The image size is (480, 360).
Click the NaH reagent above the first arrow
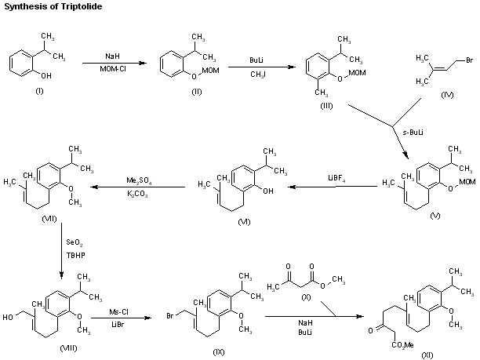pos(113,56)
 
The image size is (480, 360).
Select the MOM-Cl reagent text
pos(113,69)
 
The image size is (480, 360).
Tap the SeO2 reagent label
pos(77,233)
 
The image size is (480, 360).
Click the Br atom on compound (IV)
pos(467,60)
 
